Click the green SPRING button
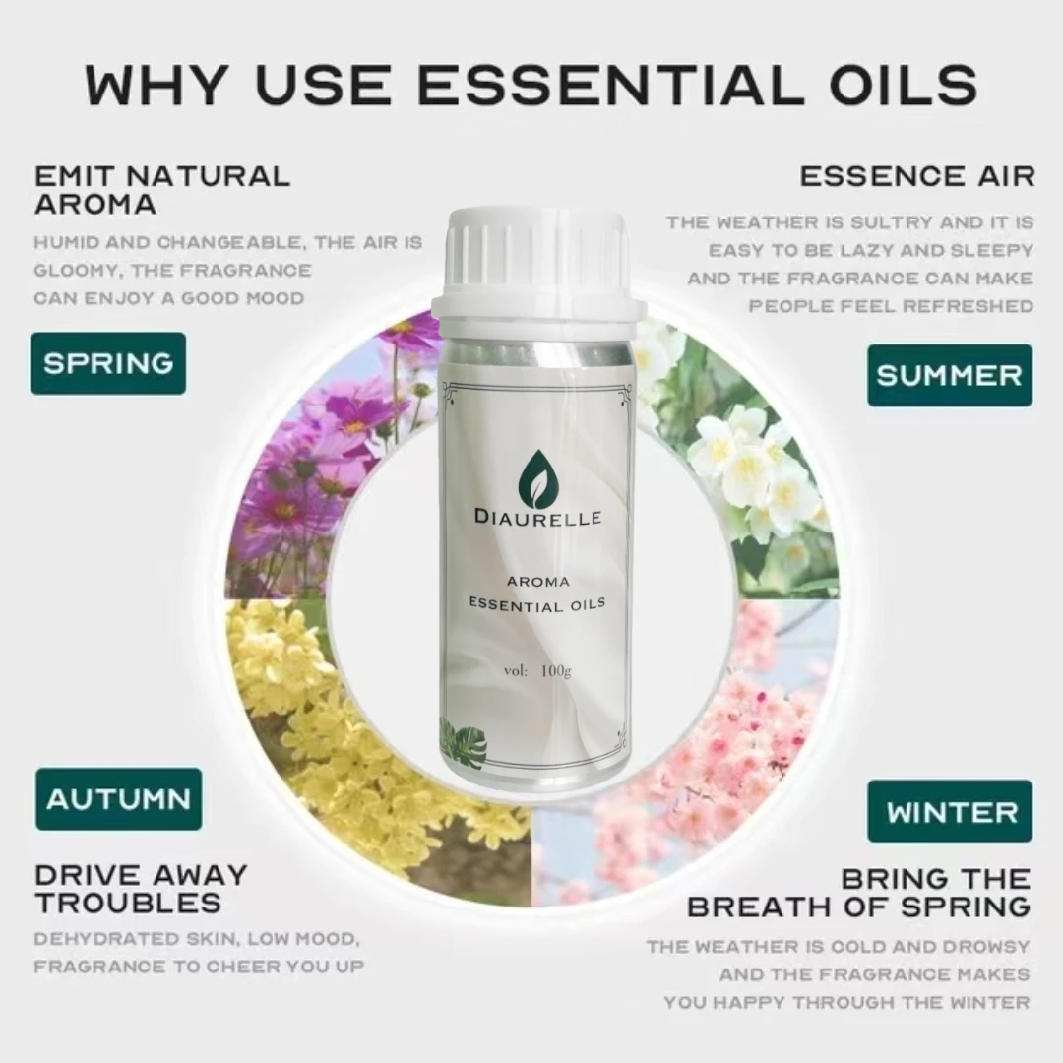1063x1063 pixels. click(x=108, y=363)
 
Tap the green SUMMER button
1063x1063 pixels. click(x=949, y=375)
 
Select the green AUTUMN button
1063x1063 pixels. click(x=118, y=799)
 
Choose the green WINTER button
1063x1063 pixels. click(x=950, y=812)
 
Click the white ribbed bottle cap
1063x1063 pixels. click(x=537, y=259)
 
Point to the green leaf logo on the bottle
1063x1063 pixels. click(x=536, y=478)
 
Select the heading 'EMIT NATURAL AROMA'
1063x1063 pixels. click(x=162, y=190)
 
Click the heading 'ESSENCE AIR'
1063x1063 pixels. click(x=916, y=177)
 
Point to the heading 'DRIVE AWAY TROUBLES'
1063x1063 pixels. click(x=141, y=888)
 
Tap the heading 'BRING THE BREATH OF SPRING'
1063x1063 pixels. click(x=858, y=892)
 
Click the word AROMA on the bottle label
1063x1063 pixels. click(x=537, y=582)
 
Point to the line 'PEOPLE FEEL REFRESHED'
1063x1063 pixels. click(x=891, y=306)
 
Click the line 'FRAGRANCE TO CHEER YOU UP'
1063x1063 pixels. click(x=199, y=967)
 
